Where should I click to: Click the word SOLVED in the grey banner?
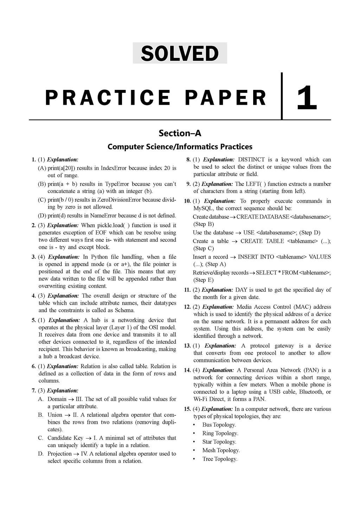pyautogui.click(x=180, y=53)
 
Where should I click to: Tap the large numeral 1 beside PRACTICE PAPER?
pyautogui.click(x=307, y=97)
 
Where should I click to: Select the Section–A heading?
pyautogui.click(x=180, y=133)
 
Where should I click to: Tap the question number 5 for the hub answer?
pyautogui.click(x=34, y=320)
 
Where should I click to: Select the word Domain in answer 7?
pyautogui.click(x=57, y=399)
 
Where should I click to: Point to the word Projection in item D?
pyautogui.click(x=60, y=454)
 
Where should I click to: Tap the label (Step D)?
pyautogui.click(x=310, y=233)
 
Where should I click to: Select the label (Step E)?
pyautogui.click(x=204, y=280)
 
